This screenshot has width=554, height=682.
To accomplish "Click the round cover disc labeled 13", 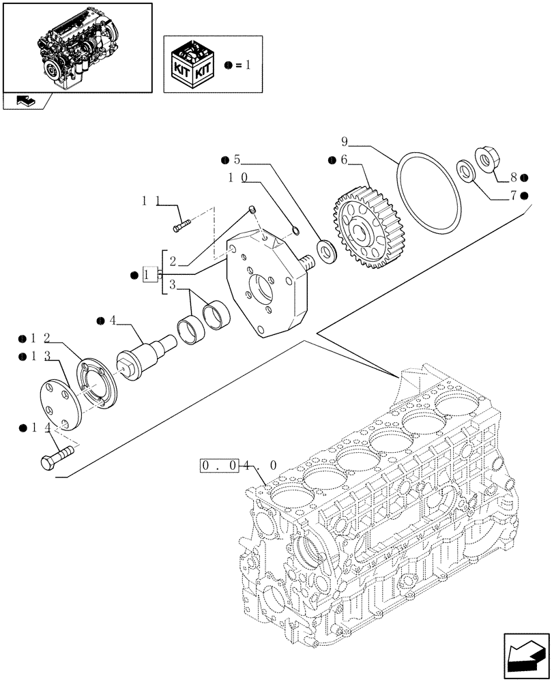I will pyautogui.click(x=58, y=404).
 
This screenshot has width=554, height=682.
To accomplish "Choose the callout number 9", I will pyautogui.click(x=345, y=142).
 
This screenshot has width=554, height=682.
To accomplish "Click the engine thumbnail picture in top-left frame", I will pyautogui.click(x=76, y=46).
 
